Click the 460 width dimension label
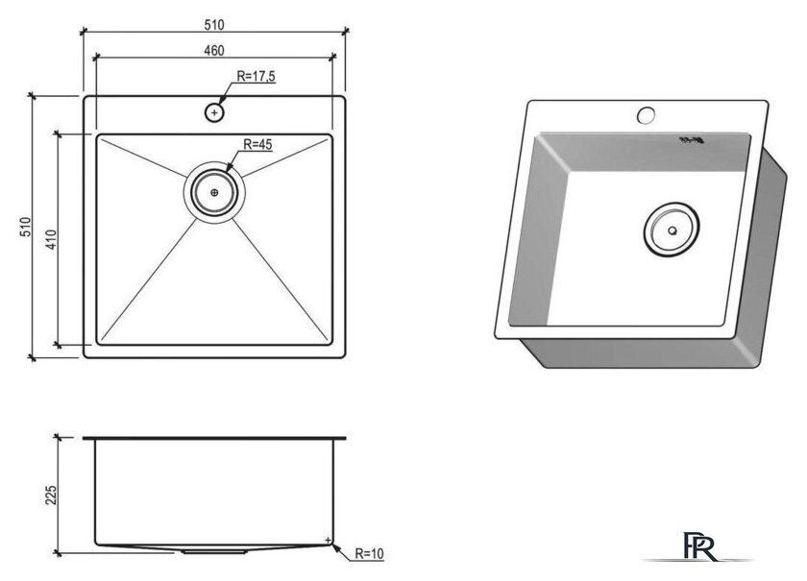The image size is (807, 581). pos(214,51)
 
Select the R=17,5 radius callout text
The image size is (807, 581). pos(256,76)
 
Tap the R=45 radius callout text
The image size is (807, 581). pos(257,145)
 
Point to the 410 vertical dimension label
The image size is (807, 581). pos(51,239)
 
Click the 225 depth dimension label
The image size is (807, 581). pos(51,496)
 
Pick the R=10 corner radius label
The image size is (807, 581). pos(370,554)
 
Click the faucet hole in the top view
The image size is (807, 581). pos(214,112)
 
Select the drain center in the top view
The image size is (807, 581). pos(214,192)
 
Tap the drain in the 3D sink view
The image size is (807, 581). pos(672,230)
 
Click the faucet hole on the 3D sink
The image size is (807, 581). pos(646,114)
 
